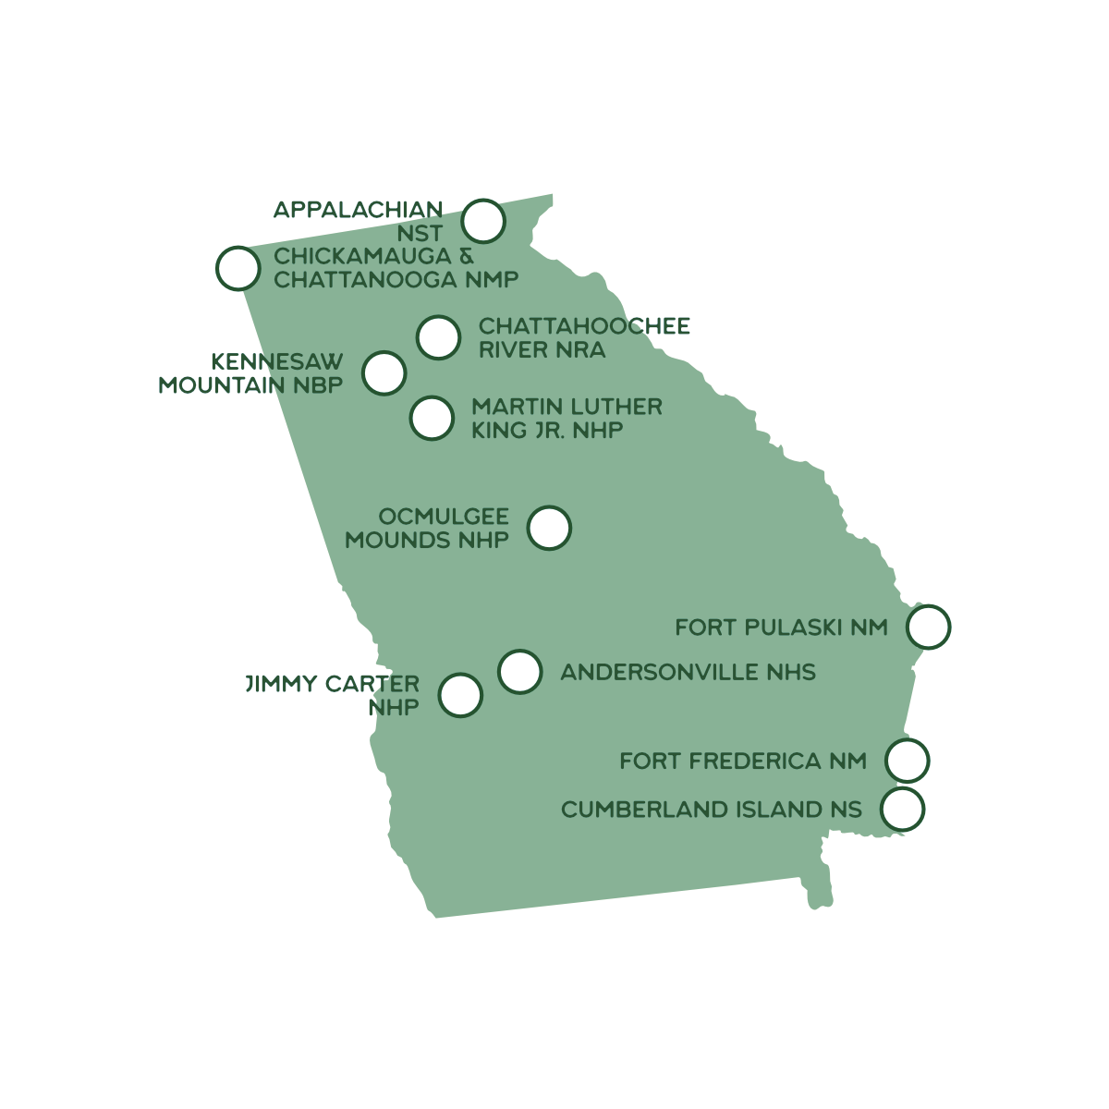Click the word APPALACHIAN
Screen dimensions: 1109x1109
[x=358, y=210]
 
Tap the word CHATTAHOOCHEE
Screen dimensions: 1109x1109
[x=584, y=326]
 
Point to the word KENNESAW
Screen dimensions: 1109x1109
[x=277, y=362]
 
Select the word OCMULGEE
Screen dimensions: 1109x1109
[x=444, y=517]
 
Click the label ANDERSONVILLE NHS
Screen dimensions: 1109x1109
[x=689, y=672]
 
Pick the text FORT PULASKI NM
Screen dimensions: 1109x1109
[x=782, y=628]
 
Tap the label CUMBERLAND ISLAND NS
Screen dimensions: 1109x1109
[x=712, y=810]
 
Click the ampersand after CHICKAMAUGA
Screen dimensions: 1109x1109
[x=466, y=256]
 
